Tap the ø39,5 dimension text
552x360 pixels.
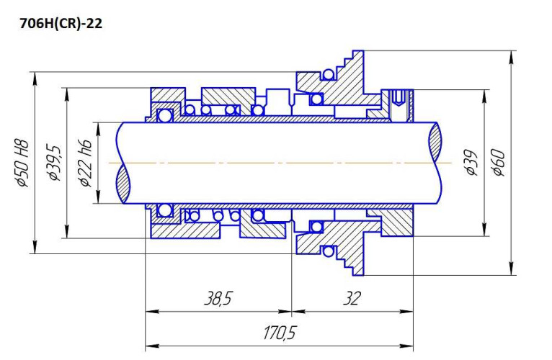point(52,164)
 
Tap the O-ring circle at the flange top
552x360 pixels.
point(329,75)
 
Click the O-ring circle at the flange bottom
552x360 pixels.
point(329,251)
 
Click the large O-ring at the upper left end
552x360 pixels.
point(165,115)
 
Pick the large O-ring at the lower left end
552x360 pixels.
point(165,210)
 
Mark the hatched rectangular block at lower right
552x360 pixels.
point(397,224)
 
